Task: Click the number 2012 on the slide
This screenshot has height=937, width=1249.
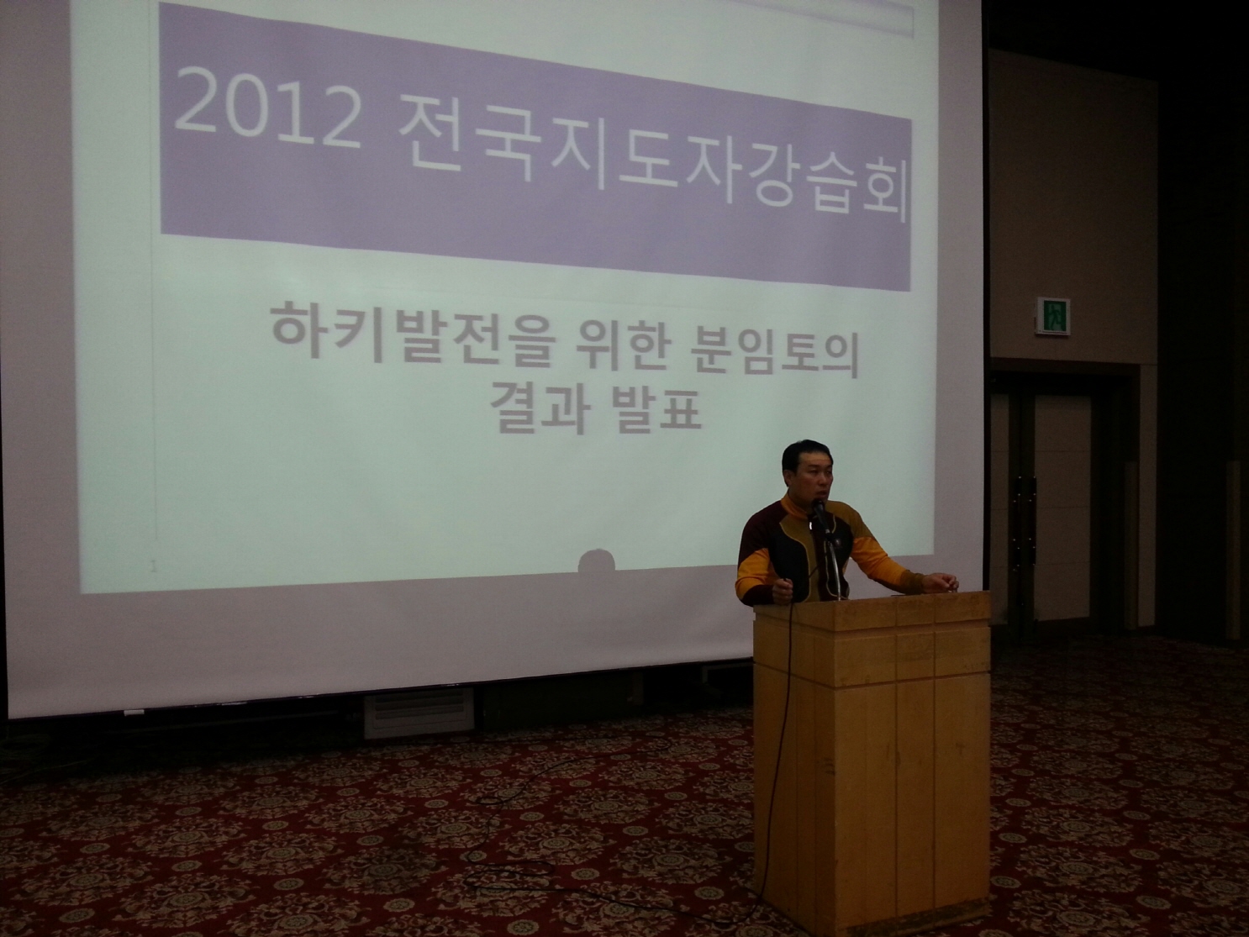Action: click(x=268, y=109)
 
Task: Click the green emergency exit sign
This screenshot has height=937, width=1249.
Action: click(x=1052, y=316)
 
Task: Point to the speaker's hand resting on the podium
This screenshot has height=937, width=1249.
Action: click(x=941, y=582)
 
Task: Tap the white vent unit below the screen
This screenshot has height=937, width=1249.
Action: click(x=419, y=713)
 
